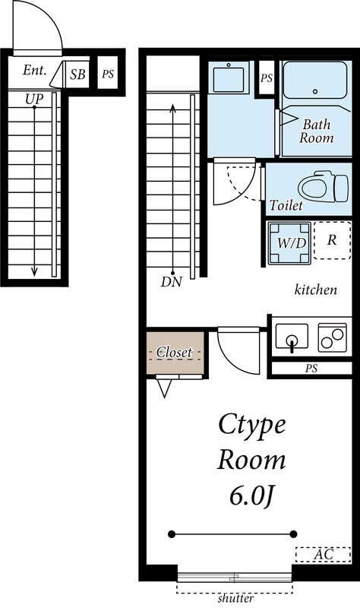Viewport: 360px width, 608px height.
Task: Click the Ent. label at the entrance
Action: coord(34,70)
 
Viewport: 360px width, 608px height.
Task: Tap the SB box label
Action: coord(77,74)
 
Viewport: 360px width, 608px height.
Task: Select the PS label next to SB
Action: coord(108,73)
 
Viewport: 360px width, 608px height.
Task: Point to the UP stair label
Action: coord(34,100)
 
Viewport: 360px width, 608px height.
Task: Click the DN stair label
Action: coord(172,282)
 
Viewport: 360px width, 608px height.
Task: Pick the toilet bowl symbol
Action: coord(324,187)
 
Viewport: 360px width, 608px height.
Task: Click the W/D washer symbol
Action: coord(290,242)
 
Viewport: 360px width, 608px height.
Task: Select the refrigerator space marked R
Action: coord(332,240)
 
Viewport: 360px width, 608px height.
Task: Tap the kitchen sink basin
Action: coord(292,337)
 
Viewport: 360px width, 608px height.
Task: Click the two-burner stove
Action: coord(333,337)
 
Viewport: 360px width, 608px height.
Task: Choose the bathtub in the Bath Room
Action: coord(315,80)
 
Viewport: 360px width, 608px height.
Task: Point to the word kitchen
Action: coord(316,290)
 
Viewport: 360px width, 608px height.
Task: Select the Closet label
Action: coord(174,353)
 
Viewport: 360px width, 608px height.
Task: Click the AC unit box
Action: coord(324,554)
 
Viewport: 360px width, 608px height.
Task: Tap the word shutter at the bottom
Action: coord(235,598)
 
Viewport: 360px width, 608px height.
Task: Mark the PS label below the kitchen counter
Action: coord(311,369)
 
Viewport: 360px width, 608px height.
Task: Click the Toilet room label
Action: coord(286,205)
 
